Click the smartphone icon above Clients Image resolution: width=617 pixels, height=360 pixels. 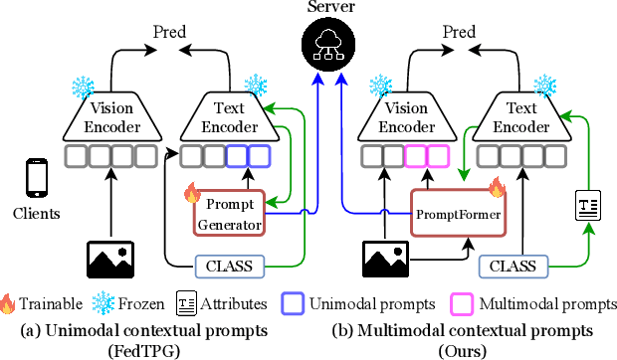(x=37, y=180)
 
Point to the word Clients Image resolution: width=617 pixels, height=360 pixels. (x=37, y=213)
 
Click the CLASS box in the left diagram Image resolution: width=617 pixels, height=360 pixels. (x=229, y=266)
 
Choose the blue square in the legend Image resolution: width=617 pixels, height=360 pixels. (x=294, y=300)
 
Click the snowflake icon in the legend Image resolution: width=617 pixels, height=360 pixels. (x=102, y=301)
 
